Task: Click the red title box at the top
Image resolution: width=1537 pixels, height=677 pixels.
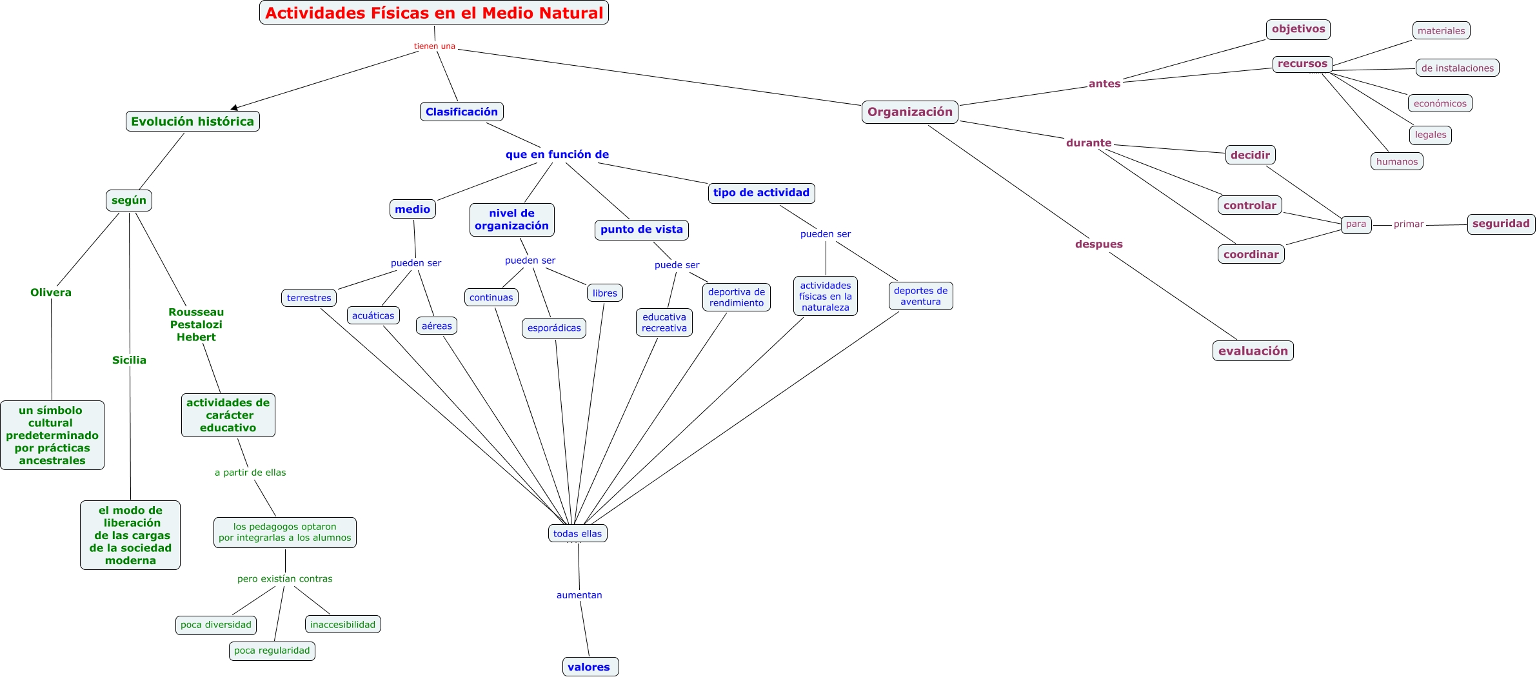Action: [433, 13]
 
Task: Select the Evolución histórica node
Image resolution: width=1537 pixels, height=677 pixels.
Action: [192, 121]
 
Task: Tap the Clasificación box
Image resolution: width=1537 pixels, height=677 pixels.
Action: [461, 112]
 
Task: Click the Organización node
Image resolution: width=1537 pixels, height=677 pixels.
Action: [909, 112]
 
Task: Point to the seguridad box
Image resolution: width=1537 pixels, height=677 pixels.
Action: [1501, 224]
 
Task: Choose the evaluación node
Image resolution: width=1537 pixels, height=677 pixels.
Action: [1253, 351]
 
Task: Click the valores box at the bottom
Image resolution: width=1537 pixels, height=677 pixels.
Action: [590, 667]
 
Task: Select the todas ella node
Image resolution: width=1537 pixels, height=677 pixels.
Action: [577, 533]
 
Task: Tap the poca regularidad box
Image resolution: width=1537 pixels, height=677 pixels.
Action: [272, 651]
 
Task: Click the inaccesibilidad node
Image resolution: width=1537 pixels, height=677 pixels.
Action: [342, 624]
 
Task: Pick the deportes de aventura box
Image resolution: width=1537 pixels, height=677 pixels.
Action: [920, 296]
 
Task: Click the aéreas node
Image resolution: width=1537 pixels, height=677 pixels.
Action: [437, 326]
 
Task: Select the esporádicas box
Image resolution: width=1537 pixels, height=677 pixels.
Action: [554, 328]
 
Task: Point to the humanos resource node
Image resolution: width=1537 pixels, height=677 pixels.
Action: [1396, 161]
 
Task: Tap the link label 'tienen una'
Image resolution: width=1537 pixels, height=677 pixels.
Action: [434, 46]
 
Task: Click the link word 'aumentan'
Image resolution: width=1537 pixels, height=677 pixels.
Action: [579, 595]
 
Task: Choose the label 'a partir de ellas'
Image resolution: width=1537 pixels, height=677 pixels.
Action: [250, 473]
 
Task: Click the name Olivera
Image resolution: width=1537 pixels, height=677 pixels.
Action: [51, 292]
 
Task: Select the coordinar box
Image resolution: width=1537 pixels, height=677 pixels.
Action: [1251, 254]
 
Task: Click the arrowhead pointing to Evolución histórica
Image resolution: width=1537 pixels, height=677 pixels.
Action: [234, 108]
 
